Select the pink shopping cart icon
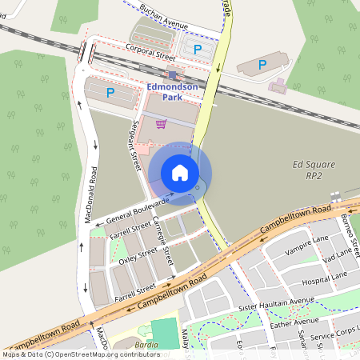[161, 124]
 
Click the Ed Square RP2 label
[309, 171]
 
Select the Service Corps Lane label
[334, 337]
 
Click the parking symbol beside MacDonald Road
[110, 94]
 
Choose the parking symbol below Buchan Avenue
[197, 50]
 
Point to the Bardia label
[144, 346]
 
